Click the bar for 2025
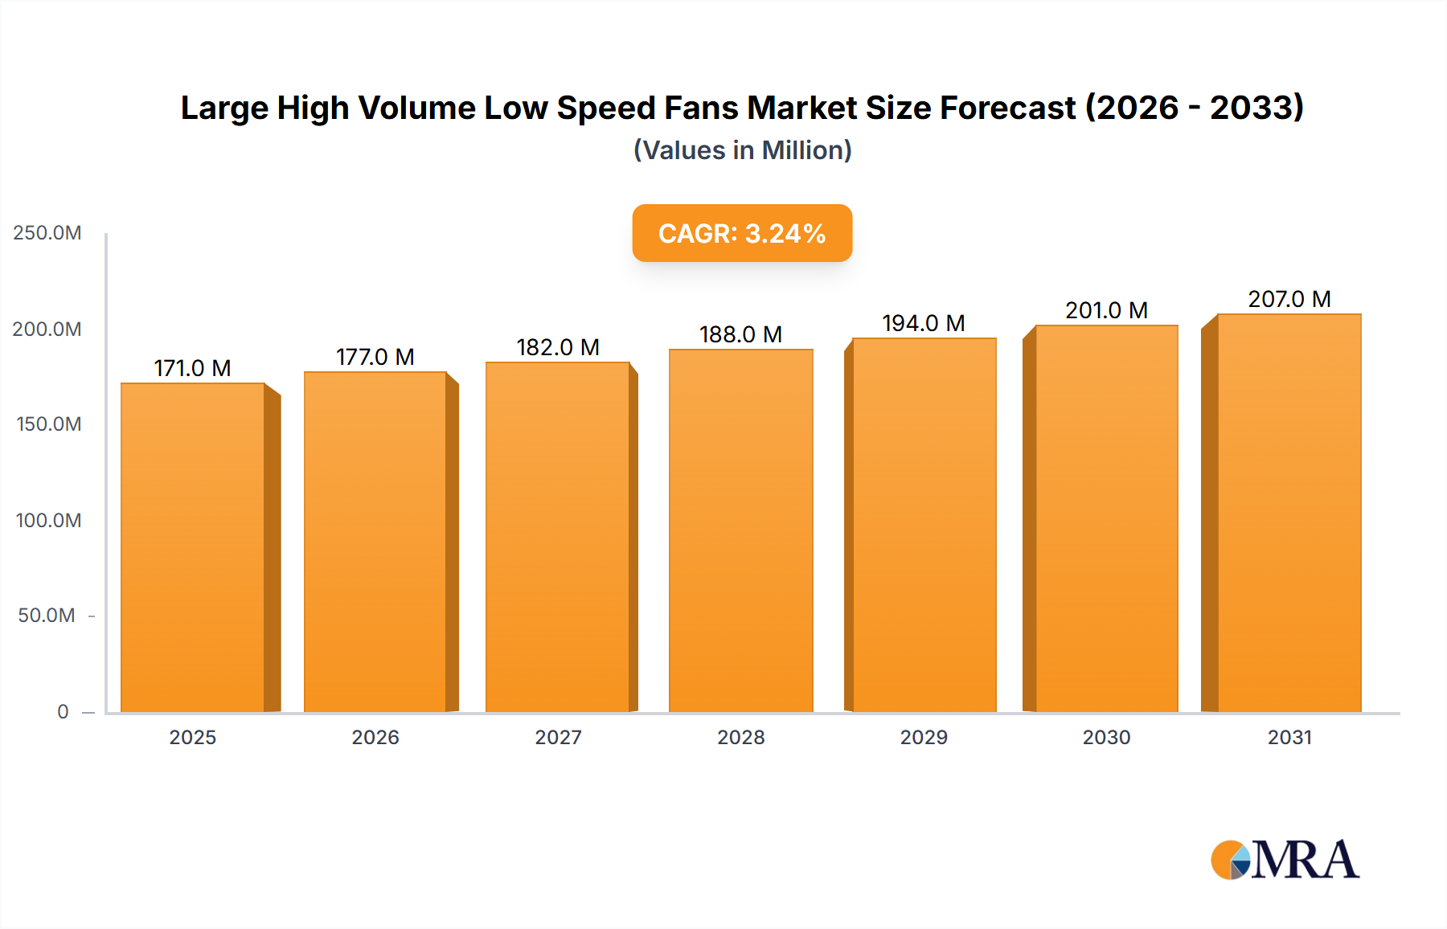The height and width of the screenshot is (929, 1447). click(x=193, y=546)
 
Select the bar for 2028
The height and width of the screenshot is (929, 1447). click(x=740, y=530)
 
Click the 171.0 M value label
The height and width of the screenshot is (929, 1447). click(x=192, y=368)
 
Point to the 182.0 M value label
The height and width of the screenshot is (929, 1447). click(x=558, y=347)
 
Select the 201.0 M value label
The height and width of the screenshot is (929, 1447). click(x=1106, y=310)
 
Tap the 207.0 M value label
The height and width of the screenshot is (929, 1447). click(x=1289, y=299)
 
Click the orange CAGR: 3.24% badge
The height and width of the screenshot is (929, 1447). click(x=742, y=233)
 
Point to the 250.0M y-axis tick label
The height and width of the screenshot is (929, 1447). click(x=47, y=233)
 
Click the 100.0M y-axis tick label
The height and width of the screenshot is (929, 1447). click(x=48, y=520)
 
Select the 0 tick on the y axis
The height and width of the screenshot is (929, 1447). click(x=63, y=711)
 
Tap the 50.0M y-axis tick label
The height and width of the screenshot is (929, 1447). click(x=47, y=616)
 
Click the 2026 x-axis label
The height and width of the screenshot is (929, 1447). click(x=375, y=737)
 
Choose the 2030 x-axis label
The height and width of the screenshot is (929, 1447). click(x=1106, y=737)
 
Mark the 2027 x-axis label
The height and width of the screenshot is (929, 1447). click(x=558, y=737)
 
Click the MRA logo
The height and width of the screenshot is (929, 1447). click(x=1285, y=860)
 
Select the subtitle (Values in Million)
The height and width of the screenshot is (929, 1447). click(x=742, y=150)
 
